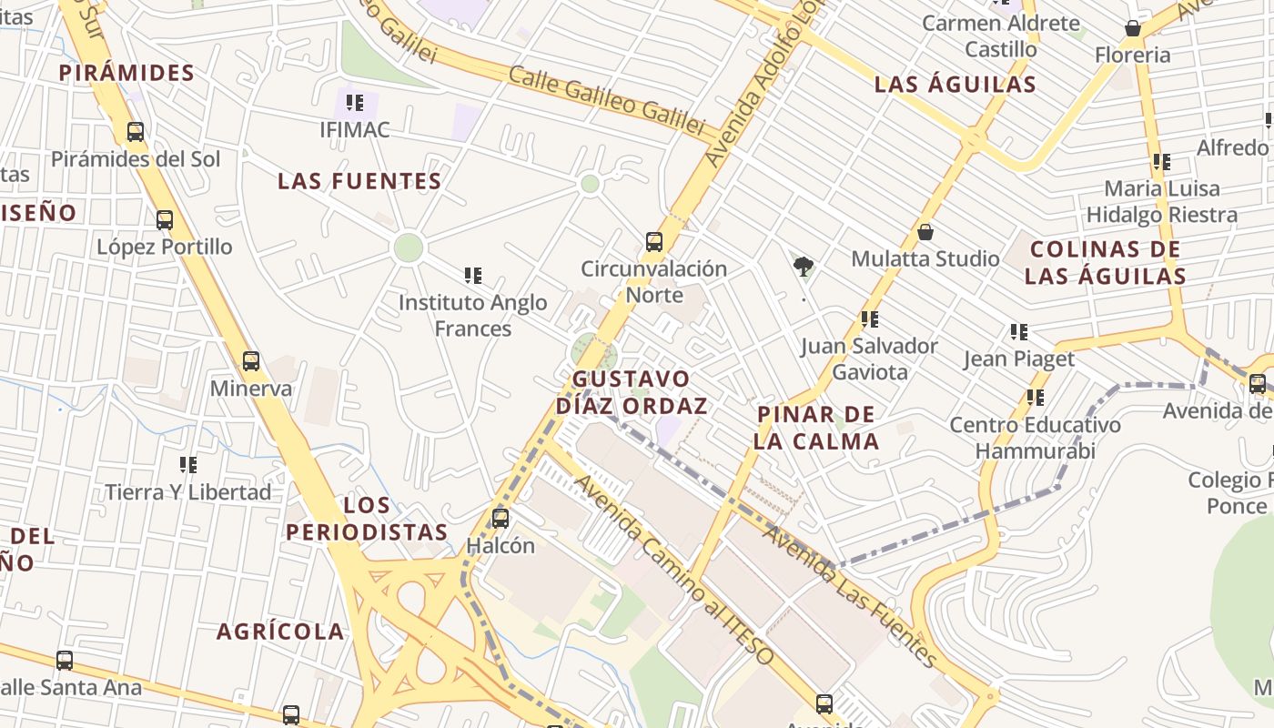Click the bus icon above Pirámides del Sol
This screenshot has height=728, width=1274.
136,132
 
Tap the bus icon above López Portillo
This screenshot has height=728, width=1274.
165,220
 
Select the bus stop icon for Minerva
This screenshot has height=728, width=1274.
251,361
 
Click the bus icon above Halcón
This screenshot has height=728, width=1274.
500,519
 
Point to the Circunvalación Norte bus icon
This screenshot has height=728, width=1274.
654,242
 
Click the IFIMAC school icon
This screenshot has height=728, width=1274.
355,103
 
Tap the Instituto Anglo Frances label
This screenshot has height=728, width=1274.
473,315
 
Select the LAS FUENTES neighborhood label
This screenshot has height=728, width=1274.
359,181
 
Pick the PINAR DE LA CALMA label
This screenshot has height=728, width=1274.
816,428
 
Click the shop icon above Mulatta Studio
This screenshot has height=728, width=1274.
925,232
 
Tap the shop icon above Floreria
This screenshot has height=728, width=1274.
1133,28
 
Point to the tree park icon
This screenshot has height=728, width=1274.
803,267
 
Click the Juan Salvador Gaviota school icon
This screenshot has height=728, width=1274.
870,319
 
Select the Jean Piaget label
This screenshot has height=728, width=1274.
1019,359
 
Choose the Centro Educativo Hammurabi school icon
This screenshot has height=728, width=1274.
1036,398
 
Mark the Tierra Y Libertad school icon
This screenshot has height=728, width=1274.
188,465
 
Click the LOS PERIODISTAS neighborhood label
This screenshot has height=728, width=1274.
368,519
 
